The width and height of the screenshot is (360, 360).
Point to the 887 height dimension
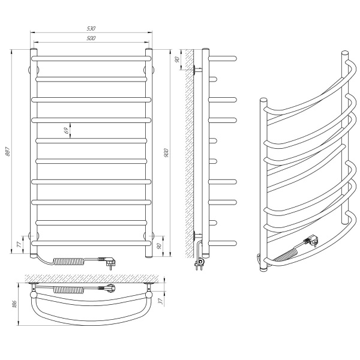[8, 154]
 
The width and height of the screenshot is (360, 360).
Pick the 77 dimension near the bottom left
[19, 245]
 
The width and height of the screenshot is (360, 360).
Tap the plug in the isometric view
[311, 241]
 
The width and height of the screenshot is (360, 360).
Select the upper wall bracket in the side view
[197, 70]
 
